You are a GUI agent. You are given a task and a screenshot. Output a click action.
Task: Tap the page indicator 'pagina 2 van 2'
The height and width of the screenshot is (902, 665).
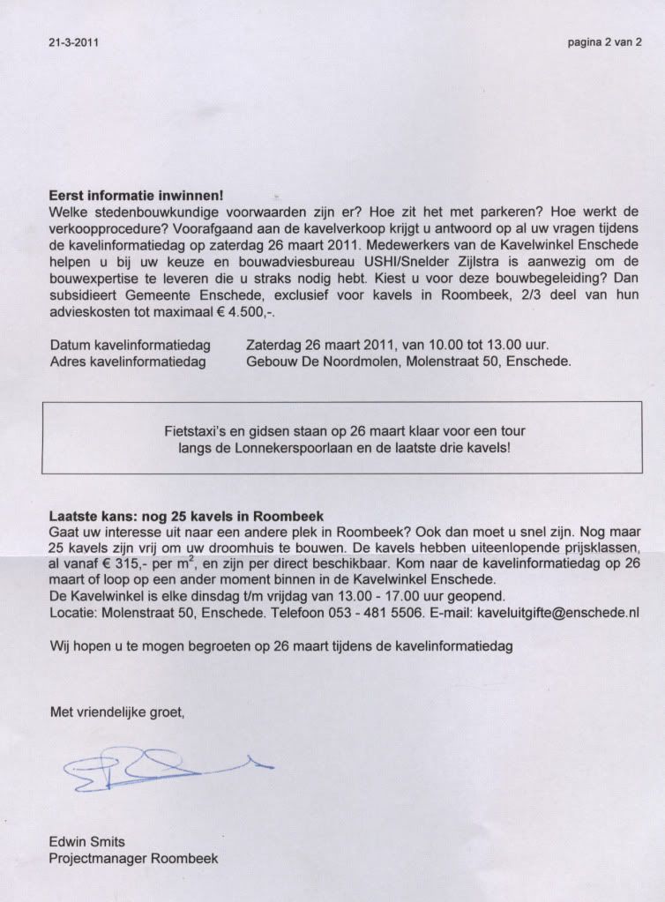coord(604,41)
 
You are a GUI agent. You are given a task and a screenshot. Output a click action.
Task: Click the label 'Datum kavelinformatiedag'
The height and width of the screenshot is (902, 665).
coord(128,345)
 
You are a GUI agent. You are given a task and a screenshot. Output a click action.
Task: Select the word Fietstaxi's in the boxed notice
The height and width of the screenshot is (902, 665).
coord(196,432)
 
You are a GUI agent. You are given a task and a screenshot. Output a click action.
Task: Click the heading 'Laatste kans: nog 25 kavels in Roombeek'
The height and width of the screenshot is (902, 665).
coord(186,516)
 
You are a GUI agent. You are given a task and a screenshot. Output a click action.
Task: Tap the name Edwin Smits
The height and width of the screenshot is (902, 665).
coord(88,842)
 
